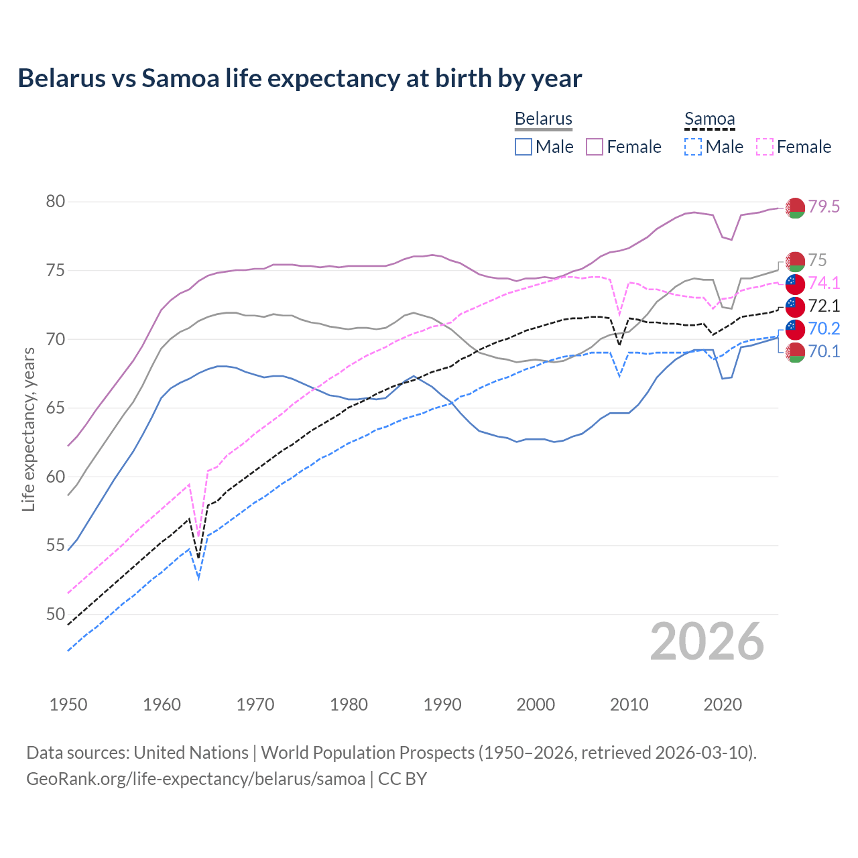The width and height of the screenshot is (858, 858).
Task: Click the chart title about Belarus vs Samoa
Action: [300, 78]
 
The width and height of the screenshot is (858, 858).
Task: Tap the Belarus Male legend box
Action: [524, 147]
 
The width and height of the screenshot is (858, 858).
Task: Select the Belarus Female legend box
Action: [595, 147]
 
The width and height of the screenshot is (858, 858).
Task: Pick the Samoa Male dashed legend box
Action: [693, 147]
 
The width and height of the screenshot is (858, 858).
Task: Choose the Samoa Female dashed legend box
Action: [765, 147]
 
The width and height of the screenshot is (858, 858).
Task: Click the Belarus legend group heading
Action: [543, 119]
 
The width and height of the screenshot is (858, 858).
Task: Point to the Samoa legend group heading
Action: [709, 119]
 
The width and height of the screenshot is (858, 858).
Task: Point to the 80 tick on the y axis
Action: [56, 202]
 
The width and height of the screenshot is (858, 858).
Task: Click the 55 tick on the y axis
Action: [56, 546]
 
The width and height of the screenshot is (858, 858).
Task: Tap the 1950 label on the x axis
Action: [68, 704]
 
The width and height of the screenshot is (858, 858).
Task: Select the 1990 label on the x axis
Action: [442, 704]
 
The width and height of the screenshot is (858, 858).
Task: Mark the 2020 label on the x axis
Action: [723, 704]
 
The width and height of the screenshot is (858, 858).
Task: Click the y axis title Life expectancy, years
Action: [29, 430]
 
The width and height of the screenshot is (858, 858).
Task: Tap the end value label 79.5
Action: [824, 207]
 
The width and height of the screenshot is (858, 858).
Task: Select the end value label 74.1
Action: [824, 283]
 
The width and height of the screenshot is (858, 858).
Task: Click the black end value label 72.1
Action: [824, 306]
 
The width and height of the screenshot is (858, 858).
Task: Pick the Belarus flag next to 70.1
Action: [795, 352]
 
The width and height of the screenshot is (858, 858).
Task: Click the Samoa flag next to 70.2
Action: [795, 329]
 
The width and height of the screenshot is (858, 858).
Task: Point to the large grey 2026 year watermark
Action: [707, 641]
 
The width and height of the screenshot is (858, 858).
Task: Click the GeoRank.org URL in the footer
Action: [195, 779]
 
